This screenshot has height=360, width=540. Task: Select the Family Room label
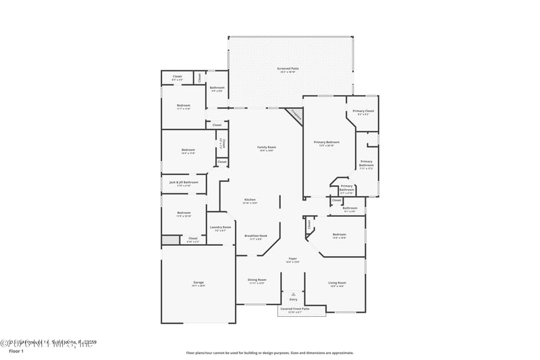(x=266, y=149)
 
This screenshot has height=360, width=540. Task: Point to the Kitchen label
(x=250, y=201)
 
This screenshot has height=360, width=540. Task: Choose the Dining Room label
(x=256, y=281)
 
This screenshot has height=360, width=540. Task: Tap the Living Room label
(x=337, y=284)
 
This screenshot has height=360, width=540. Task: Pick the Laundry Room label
(x=220, y=228)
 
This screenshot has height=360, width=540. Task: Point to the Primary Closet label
(x=363, y=112)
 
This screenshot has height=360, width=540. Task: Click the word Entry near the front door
(x=292, y=299)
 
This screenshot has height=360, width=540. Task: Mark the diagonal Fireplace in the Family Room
(x=295, y=115)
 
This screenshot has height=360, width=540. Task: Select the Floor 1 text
(x=16, y=352)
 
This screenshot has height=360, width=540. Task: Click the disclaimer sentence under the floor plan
(x=269, y=353)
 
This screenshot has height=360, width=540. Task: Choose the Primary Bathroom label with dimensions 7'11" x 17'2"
(x=365, y=164)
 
